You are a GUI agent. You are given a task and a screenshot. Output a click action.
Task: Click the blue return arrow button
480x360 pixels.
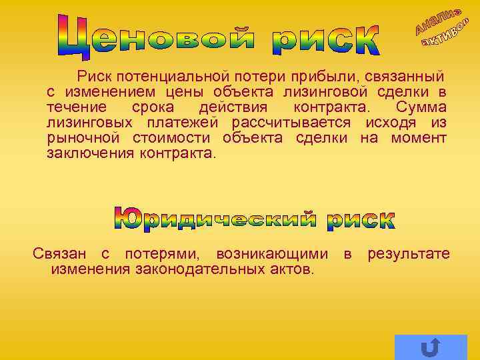tap(431, 347)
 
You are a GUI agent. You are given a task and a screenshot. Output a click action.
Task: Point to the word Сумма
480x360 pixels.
tap(421, 107)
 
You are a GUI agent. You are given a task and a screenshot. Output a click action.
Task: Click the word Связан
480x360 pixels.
tap(60, 253)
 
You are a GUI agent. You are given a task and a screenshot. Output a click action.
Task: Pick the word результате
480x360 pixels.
tap(409, 253)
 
